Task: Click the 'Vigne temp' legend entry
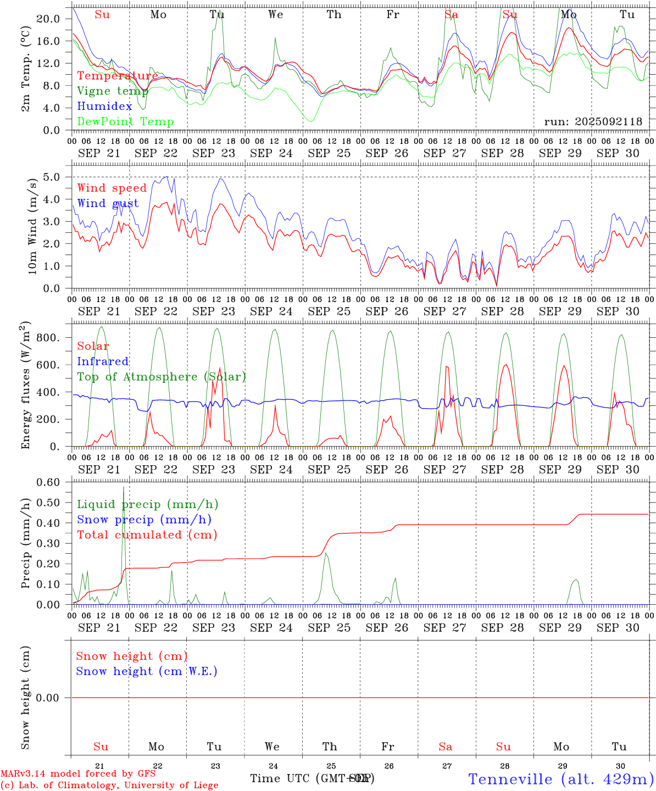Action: pos(113,91)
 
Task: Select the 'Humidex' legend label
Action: pos(104,107)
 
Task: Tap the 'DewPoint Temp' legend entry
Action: pos(125,122)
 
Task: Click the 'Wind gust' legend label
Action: pos(108,203)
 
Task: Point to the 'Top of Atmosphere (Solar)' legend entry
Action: pos(161,377)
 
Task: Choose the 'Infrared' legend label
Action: pos(103,361)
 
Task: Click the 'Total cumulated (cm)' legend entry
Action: pos(147,535)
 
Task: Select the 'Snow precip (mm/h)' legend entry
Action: pos(144,520)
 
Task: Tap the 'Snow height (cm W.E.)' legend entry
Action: pos(146,671)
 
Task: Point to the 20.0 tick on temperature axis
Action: pos(48,19)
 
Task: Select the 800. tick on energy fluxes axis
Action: pos(48,337)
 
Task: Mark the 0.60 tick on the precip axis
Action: pos(49,482)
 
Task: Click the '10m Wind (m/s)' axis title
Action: pos(32,225)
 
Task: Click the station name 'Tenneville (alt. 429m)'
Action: pos(560,779)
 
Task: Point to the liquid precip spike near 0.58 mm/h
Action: pos(124,487)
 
